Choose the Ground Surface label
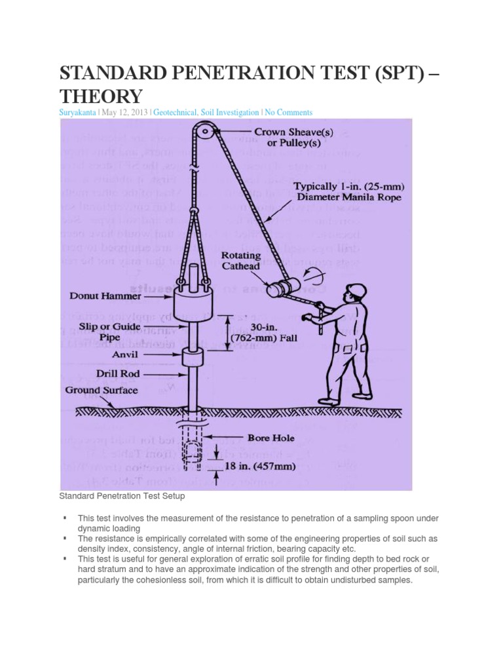coord(102,391)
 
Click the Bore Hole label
coord(270,438)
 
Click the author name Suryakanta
coord(78,113)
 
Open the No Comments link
coord(289,113)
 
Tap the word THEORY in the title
coord(101,96)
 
